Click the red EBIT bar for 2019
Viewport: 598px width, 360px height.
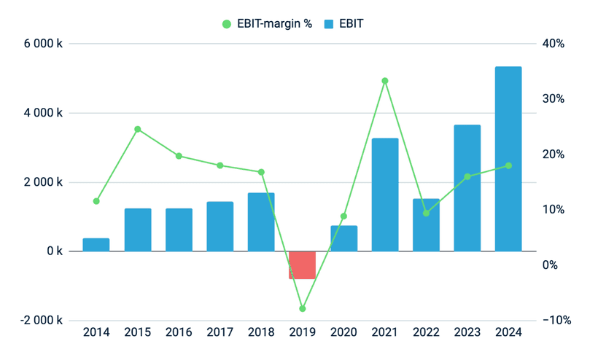(302, 265)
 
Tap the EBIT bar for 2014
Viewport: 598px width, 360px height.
(96, 245)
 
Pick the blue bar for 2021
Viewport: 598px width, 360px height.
(385, 195)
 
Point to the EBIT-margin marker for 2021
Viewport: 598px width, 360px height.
(385, 81)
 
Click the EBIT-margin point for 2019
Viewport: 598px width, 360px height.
(302, 309)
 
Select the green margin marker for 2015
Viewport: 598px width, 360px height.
(138, 130)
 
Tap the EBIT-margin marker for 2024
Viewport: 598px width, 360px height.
(508, 166)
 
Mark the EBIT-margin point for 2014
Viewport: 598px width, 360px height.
(96, 201)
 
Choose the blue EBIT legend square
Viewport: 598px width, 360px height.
(328, 24)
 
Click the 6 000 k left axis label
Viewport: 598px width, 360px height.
(43, 44)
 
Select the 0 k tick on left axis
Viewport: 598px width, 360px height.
(55, 251)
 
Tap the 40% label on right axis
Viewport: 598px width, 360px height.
(554, 44)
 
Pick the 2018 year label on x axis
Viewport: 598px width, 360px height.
(261, 333)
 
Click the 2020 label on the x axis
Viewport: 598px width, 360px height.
(343, 333)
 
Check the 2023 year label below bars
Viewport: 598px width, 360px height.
(467, 333)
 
